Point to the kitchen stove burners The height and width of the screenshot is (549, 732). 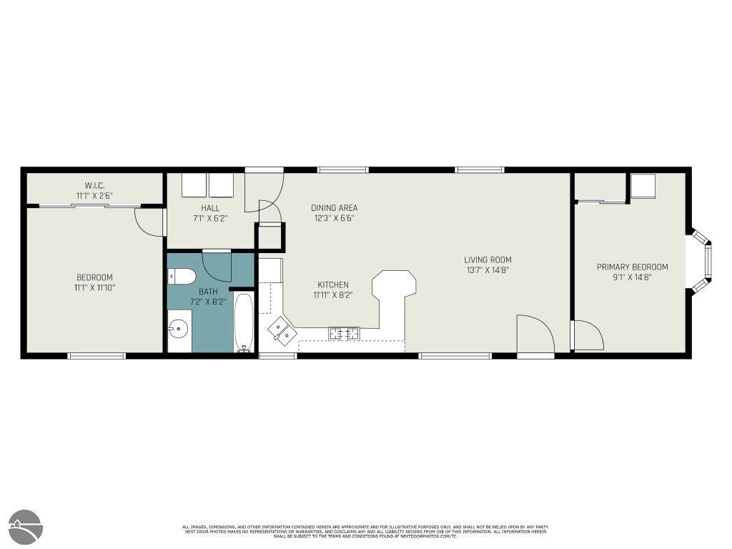[x=343, y=332]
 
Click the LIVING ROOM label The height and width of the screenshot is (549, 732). [x=488, y=260]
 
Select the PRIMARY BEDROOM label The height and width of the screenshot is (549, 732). [x=632, y=267]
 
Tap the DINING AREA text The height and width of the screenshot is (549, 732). [x=334, y=208]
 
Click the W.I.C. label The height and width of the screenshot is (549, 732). [x=95, y=185]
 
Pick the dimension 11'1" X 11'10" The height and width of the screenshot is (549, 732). [x=95, y=287]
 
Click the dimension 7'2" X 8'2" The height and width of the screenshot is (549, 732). [x=208, y=302]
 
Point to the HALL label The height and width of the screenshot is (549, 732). [x=210, y=208]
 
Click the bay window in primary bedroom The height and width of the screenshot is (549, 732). [x=701, y=260]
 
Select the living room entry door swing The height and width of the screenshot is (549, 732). [x=534, y=334]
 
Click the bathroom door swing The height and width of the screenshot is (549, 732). [x=217, y=266]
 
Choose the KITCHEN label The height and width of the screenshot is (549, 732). [x=333, y=285]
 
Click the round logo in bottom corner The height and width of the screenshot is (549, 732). [x=26, y=527]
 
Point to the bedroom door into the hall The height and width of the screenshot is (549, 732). [x=150, y=222]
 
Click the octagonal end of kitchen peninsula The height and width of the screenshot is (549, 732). [x=394, y=283]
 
